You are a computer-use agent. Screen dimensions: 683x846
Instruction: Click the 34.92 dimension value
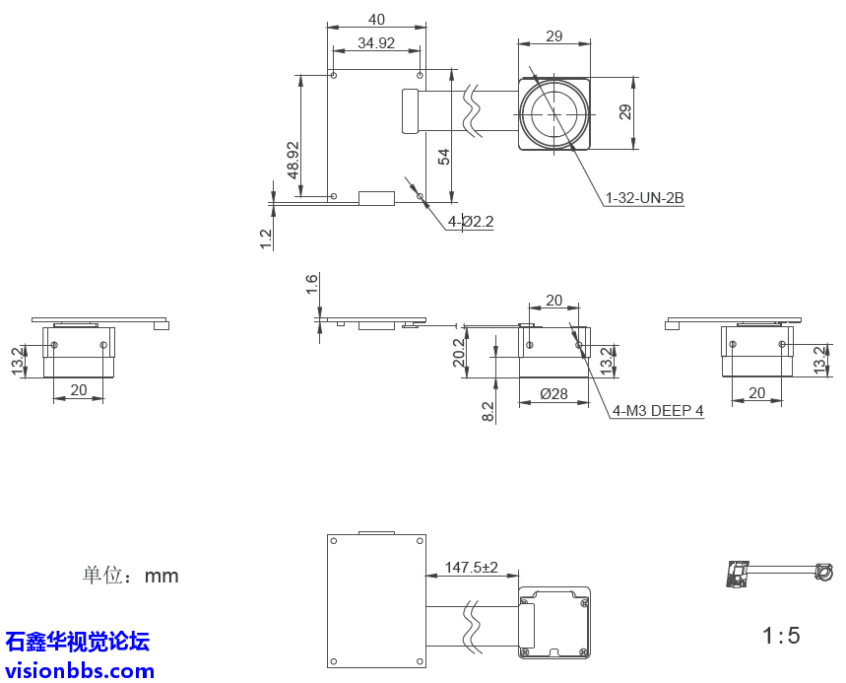pos(376,43)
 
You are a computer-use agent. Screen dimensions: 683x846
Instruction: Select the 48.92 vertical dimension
pos(293,158)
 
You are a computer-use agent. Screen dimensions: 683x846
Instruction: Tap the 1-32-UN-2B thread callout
pos(644,198)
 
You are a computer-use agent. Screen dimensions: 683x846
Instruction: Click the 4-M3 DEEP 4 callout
pos(658,411)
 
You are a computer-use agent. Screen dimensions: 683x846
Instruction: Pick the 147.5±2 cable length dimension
pos(472,568)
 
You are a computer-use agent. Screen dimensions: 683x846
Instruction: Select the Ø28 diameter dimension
pos(554,394)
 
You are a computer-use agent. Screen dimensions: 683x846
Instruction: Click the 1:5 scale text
pos(781,636)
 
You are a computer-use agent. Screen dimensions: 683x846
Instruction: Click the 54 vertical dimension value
pos(444,156)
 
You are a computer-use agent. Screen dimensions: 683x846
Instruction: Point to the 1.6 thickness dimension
pos(312,285)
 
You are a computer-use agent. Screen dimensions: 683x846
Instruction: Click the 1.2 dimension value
pos(266,239)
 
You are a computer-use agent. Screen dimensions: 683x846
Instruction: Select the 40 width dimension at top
pos(376,20)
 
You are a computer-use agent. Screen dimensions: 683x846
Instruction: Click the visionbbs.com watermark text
pos(79,671)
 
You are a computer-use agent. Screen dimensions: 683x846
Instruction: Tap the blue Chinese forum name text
pos(78,643)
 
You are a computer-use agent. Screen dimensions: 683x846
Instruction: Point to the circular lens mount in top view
pos(554,113)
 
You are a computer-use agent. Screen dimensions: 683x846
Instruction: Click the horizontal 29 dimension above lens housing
pos(553,36)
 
